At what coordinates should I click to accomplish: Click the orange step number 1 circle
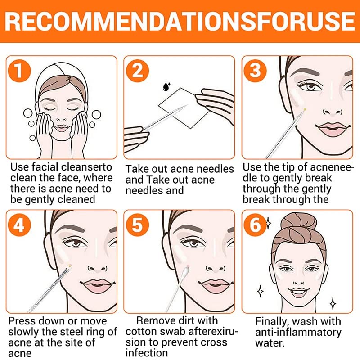point(19,71)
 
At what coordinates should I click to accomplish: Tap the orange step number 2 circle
point(138,71)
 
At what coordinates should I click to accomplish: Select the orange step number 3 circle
point(255,71)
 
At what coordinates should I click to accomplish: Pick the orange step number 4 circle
point(19,225)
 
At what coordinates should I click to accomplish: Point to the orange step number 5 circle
point(138,225)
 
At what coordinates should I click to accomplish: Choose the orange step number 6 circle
point(255,225)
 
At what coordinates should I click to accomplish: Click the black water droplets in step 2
point(166,86)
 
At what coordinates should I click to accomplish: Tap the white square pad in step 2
point(184,108)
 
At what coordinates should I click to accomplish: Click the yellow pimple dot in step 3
point(305,109)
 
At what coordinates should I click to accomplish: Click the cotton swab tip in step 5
point(186,271)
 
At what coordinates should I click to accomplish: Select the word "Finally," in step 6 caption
point(271,322)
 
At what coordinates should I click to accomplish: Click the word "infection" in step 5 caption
point(147,353)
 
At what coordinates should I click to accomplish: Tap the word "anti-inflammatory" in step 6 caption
point(298,333)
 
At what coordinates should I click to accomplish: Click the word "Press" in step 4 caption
point(20,321)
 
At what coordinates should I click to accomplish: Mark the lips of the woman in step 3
point(332,129)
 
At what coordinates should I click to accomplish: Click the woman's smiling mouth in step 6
point(298,292)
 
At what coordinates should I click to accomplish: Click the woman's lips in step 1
point(61,128)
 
